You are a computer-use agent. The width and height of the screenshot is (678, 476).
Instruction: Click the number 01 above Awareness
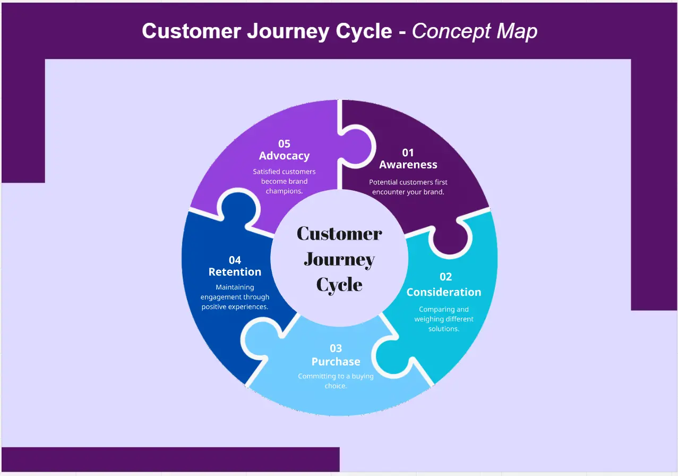point(408,152)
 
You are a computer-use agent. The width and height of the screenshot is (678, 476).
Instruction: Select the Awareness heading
point(408,165)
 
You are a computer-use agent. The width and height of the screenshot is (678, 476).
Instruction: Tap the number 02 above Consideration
point(445,277)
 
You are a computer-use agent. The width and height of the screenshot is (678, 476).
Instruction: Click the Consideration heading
point(444,292)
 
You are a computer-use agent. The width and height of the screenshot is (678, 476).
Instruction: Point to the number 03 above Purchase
point(336,348)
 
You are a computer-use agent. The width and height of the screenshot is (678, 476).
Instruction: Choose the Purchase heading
point(336,362)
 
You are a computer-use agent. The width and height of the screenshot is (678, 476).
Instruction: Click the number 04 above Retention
point(235,260)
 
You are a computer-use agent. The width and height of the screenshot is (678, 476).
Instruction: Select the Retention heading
point(235,272)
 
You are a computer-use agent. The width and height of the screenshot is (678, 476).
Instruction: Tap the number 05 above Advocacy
point(284,143)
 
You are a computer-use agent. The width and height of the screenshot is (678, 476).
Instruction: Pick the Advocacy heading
point(284,156)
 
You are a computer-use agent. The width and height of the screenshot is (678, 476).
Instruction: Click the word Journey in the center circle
point(339,260)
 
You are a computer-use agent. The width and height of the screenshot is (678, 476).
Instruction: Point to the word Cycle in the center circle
point(339,285)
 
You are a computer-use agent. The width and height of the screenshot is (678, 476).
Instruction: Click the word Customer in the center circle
point(339,234)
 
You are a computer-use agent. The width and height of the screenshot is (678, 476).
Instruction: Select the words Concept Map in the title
point(475,31)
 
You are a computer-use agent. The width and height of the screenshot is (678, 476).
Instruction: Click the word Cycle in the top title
point(364,31)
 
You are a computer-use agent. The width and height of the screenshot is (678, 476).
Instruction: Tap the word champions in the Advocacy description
point(284,191)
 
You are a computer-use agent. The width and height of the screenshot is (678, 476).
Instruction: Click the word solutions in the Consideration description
point(443,329)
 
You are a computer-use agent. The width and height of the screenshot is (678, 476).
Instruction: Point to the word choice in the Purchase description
point(335,386)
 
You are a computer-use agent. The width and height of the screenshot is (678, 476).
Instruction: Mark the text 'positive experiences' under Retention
point(235,307)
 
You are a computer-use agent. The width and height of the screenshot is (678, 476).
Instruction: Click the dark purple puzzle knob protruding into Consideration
point(451,239)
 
